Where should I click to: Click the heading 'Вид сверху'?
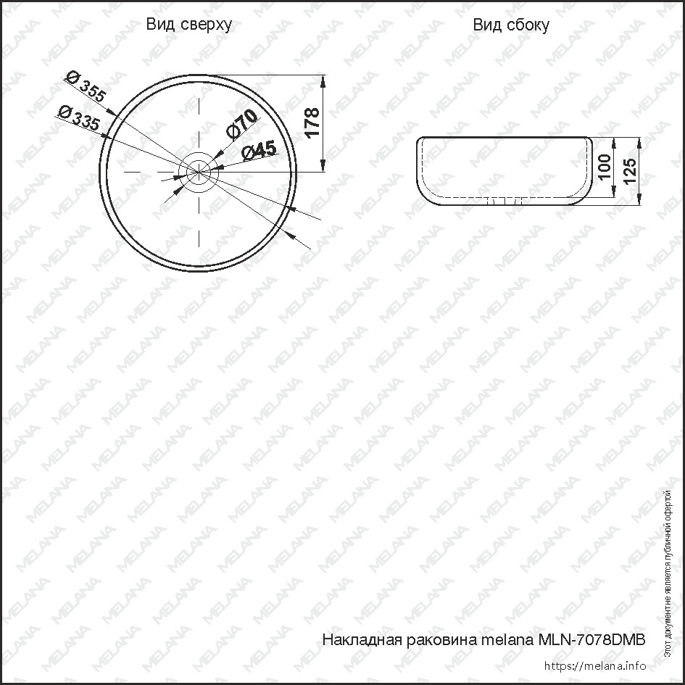coord(188,25)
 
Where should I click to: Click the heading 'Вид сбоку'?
coord(511,25)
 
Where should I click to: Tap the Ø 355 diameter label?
coord(86,88)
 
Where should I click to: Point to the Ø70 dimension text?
coord(241,124)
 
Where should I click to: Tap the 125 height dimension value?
coord(628,171)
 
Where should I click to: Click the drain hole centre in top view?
coord(199,172)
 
